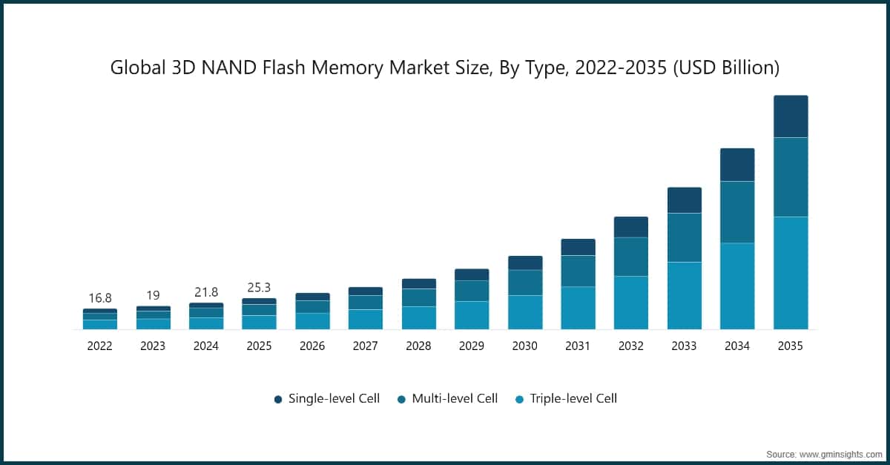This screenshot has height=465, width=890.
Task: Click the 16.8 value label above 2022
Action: point(99,298)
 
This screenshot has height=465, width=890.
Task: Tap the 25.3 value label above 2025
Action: point(259,288)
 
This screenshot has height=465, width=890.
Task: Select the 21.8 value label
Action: point(205,292)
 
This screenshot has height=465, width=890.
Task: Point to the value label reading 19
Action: point(153,295)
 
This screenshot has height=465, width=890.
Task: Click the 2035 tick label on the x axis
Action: point(791,346)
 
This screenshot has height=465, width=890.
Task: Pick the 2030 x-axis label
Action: point(525,346)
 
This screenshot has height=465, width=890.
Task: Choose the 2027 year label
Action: point(366,346)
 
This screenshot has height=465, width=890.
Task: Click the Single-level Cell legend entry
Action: point(327,399)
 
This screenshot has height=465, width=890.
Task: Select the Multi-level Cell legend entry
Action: point(446,399)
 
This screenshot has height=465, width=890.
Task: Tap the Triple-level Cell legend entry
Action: point(566,399)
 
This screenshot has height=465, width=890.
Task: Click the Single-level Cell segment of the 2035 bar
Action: point(791,116)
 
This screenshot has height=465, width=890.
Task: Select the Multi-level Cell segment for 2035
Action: point(791,177)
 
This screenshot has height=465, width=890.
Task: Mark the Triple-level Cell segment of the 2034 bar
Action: point(737,286)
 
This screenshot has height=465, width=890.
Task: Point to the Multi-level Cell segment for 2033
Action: point(685,237)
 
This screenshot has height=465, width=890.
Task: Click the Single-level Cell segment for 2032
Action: point(631,227)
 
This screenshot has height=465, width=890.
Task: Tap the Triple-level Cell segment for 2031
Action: point(578,308)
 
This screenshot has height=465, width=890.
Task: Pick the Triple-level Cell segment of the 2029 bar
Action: point(472,315)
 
